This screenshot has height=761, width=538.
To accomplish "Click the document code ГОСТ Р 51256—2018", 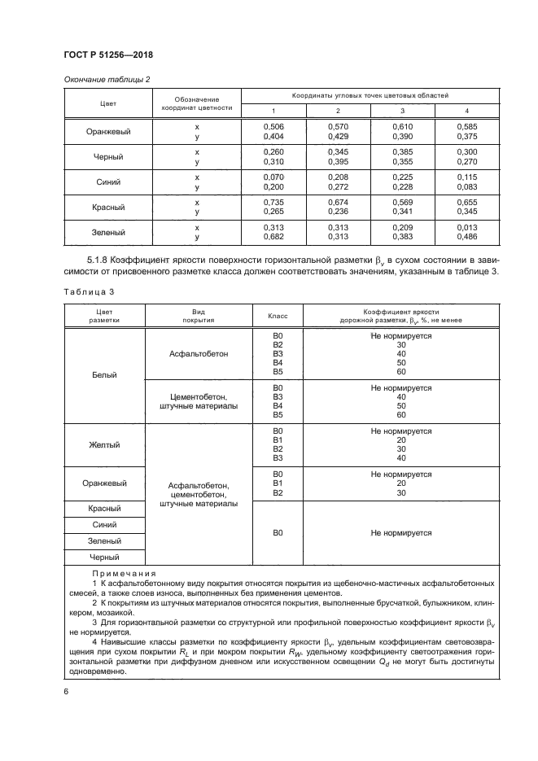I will [108, 55].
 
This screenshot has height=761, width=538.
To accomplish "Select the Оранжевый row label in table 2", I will [108, 132].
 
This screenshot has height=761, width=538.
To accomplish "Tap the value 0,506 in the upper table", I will [273, 127].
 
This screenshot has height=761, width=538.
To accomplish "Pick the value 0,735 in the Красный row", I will [273, 202].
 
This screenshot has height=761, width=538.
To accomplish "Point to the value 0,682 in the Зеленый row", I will [273, 237].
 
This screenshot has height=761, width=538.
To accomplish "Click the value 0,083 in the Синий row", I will [466, 187].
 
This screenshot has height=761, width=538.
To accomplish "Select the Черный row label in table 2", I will [108, 157].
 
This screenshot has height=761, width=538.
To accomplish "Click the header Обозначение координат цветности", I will [197, 103].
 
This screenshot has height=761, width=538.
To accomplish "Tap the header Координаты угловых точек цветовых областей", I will [370, 96].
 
